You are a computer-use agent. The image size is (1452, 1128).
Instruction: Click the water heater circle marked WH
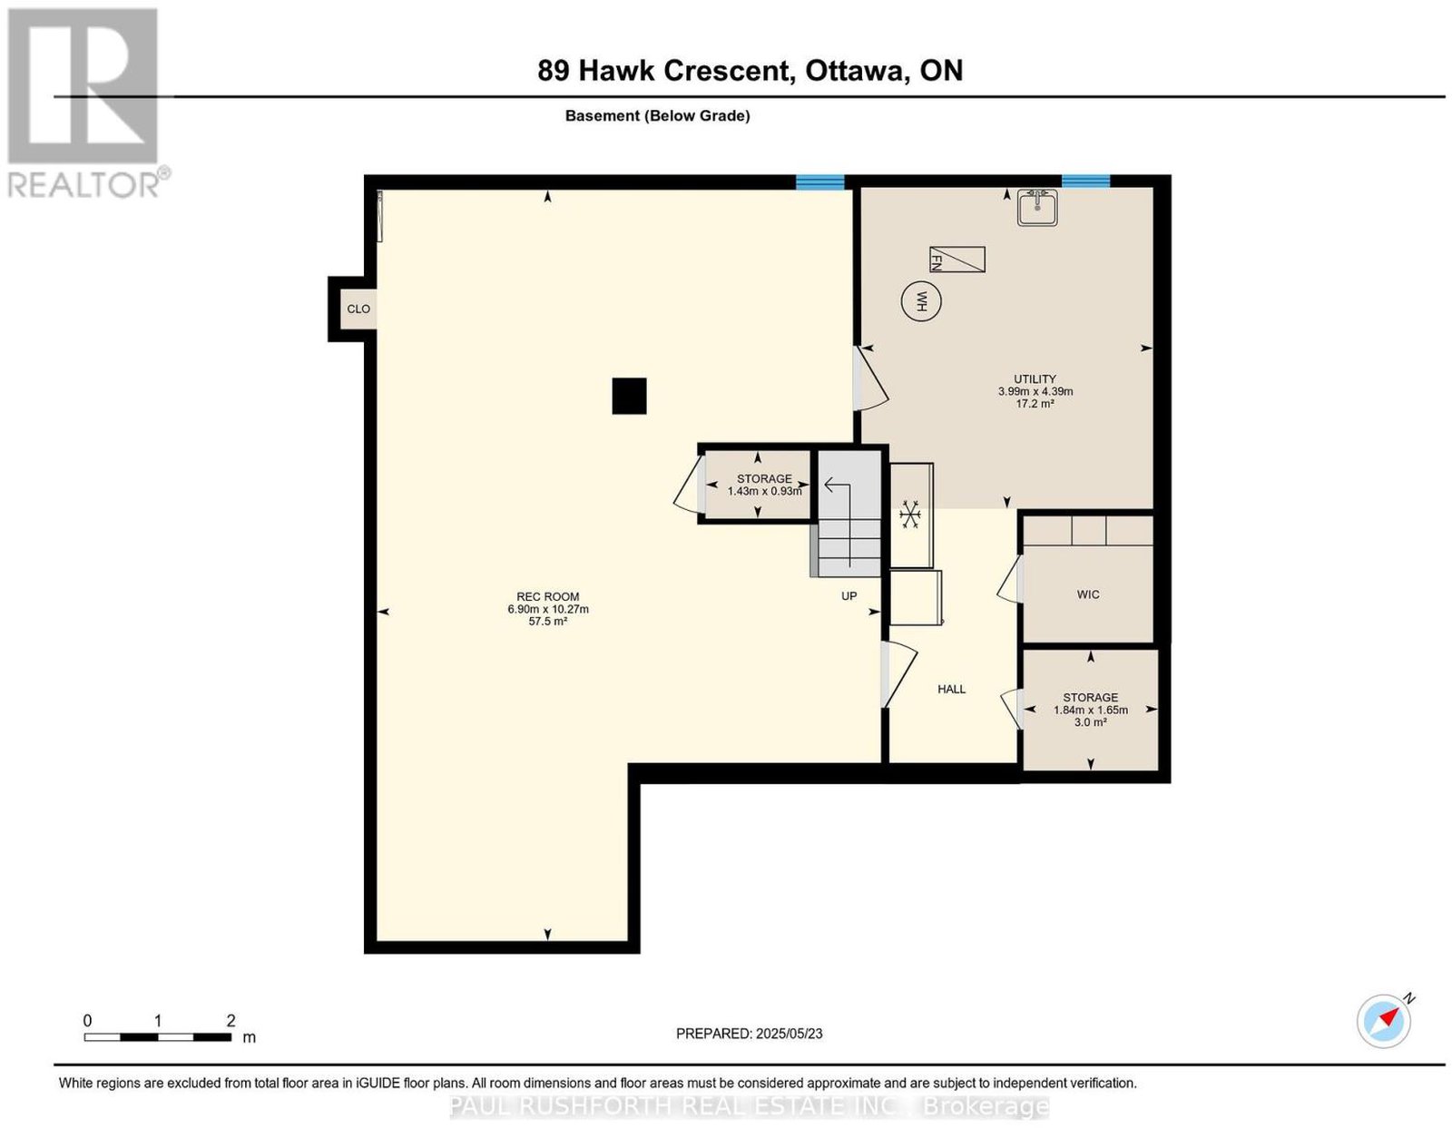coord(921,302)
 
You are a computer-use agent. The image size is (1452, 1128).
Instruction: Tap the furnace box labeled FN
coord(957,260)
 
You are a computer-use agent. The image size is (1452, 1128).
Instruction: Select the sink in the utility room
coord(1036,208)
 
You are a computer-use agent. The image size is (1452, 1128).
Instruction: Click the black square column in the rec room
coord(629,396)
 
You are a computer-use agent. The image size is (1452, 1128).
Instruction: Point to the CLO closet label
coord(358,309)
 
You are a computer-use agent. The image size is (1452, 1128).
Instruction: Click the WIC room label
coord(1088,594)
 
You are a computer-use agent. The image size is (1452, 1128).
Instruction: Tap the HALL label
coord(952,689)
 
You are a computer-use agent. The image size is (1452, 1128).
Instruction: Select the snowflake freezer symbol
coord(909,515)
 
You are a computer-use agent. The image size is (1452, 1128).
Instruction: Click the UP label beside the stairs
coord(849,595)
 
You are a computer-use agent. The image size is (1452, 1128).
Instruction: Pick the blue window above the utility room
coord(1085,181)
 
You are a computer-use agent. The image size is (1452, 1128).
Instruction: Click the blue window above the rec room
coord(819,181)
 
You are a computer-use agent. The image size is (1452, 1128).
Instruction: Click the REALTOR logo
coord(85,103)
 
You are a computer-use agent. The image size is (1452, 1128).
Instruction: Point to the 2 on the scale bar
coord(231,1021)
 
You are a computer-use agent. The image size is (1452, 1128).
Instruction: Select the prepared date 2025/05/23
coord(790,1034)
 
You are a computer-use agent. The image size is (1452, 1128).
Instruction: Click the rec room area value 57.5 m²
coord(548,621)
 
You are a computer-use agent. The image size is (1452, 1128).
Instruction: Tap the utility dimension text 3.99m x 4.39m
coord(1035,391)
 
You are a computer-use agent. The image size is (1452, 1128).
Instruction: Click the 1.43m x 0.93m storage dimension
coord(764,491)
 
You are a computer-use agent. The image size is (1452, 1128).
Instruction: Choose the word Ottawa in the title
coord(853,70)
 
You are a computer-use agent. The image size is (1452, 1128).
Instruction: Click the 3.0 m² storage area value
coord(1091,722)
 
